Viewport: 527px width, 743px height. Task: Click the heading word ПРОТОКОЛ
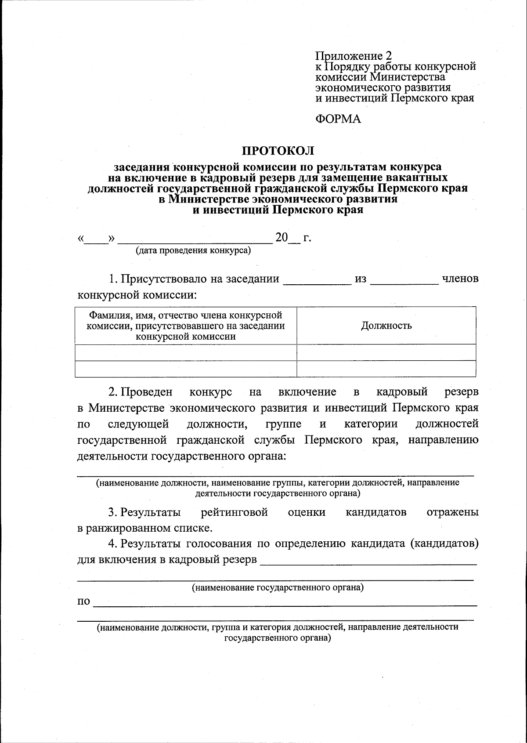point(278,151)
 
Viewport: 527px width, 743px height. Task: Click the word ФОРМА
point(338,119)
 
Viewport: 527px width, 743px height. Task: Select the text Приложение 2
point(353,56)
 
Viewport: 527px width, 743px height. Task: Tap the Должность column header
point(386,326)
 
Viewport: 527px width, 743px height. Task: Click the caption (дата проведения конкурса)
point(193,251)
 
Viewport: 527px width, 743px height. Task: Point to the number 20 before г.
point(282,238)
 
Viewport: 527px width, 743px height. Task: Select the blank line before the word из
point(318,281)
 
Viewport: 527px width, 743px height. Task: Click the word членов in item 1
point(460,279)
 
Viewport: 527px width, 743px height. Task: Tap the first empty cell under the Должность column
point(386,352)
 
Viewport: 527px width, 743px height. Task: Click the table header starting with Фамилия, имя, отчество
point(186,326)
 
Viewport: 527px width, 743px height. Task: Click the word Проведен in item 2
point(147,391)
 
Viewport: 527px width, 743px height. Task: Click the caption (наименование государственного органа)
point(278,587)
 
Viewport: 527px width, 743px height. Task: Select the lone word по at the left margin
point(83,602)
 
